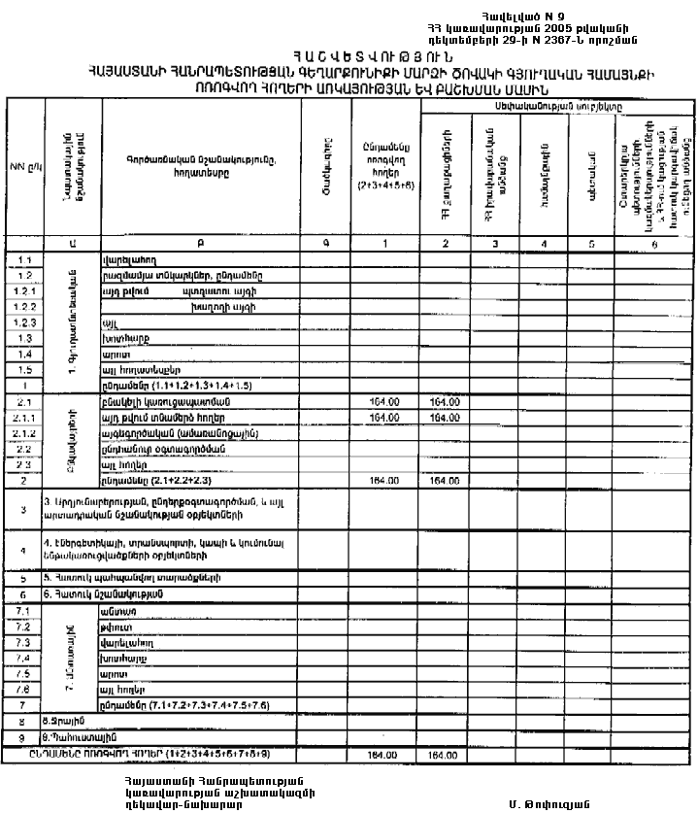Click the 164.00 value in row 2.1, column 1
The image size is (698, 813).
[x=381, y=401]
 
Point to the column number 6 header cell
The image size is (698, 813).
[x=654, y=244]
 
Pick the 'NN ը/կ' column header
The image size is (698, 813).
[x=23, y=166]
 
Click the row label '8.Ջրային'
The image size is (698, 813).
[x=65, y=722]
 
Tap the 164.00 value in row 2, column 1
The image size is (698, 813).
[x=381, y=480]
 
